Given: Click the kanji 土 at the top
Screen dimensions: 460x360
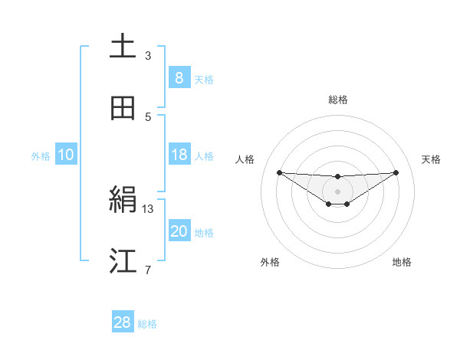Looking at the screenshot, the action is pyautogui.click(x=123, y=46).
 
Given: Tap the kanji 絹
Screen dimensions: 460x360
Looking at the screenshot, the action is pyautogui.click(x=123, y=201).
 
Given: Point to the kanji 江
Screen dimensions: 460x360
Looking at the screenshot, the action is pyautogui.click(x=123, y=261).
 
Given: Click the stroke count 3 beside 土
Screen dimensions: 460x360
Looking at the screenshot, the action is pyautogui.click(x=148, y=55).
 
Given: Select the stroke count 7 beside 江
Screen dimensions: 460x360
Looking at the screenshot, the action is pyautogui.click(x=148, y=270).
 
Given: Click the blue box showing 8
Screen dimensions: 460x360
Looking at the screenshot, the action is pyautogui.click(x=179, y=78).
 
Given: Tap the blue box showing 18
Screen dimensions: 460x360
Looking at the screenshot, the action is pyautogui.click(x=179, y=155).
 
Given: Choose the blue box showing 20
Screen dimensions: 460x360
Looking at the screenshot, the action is pyautogui.click(x=179, y=231).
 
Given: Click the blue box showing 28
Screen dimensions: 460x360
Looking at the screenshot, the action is pyautogui.click(x=123, y=322).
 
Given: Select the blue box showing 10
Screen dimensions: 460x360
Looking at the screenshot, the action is pyautogui.click(x=66, y=155).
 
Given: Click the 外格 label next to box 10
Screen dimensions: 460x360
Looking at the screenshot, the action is pyautogui.click(x=41, y=155).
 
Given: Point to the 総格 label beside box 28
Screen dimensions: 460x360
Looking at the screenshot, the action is pyautogui.click(x=147, y=324).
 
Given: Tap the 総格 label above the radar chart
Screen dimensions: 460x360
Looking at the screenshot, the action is pyautogui.click(x=337, y=100).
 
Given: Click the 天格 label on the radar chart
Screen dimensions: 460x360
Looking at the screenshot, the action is pyautogui.click(x=432, y=159).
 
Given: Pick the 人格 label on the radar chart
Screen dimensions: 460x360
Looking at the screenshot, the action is pyautogui.click(x=245, y=159).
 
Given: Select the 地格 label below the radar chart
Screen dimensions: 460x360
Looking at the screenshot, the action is pyautogui.click(x=402, y=262).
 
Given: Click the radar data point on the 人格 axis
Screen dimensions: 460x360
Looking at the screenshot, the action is pyautogui.click(x=279, y=172).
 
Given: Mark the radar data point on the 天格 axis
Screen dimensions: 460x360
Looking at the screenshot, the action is pyautogui.click(x=396, y=172).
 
